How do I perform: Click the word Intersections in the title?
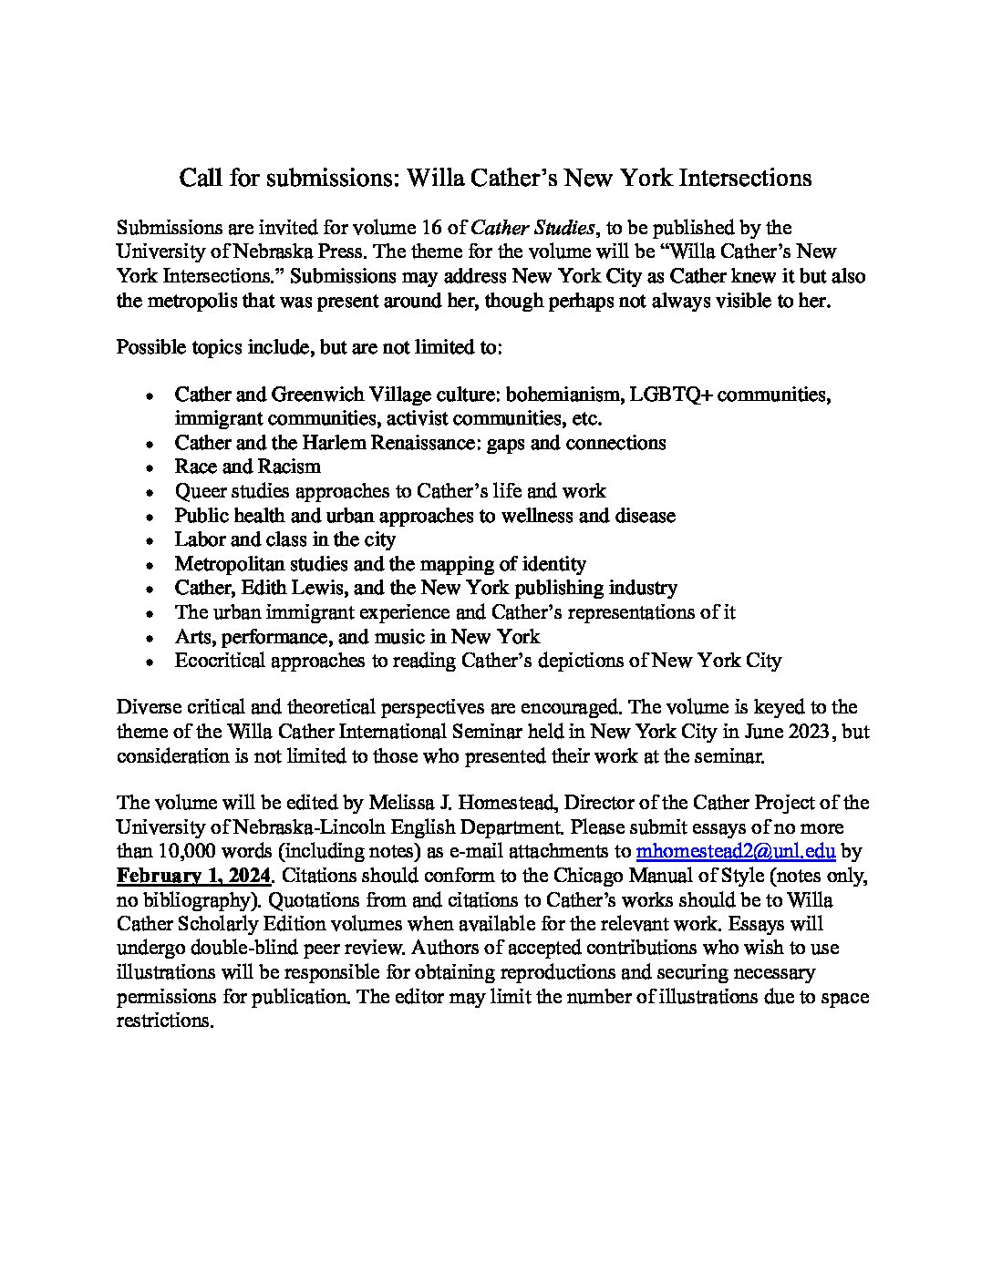[x=744, y=178]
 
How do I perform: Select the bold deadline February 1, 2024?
[x=194, y=877]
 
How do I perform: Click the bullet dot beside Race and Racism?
[x=150, y=468]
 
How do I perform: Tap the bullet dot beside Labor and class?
[x=150, y=541]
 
